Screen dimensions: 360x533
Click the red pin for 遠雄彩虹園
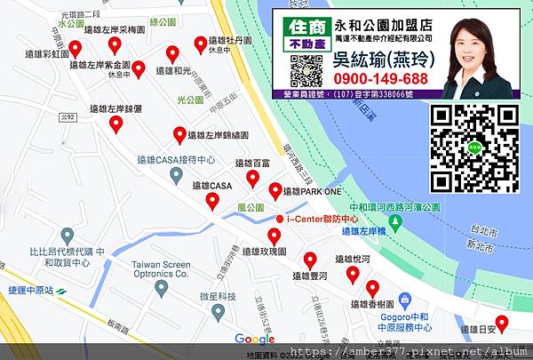coord(76,48)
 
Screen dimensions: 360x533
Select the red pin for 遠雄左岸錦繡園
coord(180,135)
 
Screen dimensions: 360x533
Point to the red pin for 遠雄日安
coord(502,323)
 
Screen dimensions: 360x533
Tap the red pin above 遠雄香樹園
coord(372,289)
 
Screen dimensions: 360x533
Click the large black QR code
coord(474,145)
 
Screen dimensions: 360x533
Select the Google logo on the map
coord(255,339)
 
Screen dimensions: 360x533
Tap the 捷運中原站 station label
coord(32,291)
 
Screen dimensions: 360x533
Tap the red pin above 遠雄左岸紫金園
coord(114,45)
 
